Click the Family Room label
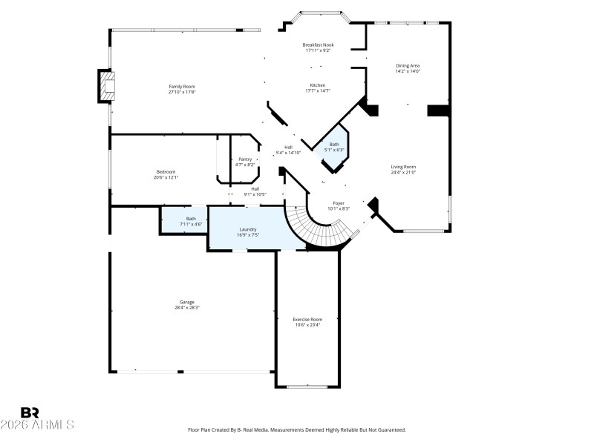click(x=182, y=87)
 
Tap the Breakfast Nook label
click(x=318, y=44)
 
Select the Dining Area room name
click(x=408, y=66)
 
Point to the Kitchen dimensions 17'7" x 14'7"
click(x=318, y=91)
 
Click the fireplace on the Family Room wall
click(x=107, y=86)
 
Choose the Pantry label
click(x=245, y=159)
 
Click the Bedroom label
click(x=166, y=172)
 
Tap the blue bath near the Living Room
click(x=334, y=148)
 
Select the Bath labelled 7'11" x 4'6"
click(x=192, y=221)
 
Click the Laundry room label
click(x=247, y=230)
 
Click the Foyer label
click(x=338, y=202)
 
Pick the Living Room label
click(x=403, y=167)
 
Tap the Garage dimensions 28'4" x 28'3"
click(x=186, y=307)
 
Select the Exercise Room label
click(x=307, y=319)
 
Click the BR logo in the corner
click(x=30, y=412)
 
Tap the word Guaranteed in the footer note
click(x=388, y=430)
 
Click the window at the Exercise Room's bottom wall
click(x=307, y=386)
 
